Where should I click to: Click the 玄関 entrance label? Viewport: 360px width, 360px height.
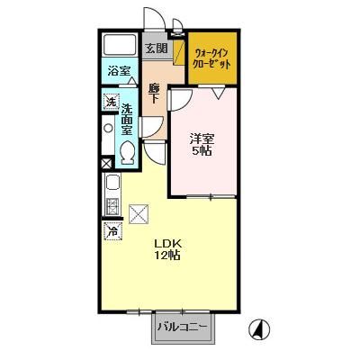[x=156, y=48]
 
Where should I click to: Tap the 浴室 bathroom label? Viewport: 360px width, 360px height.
[x=120, y=70]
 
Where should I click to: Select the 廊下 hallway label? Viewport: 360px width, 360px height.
[x=154, y=92]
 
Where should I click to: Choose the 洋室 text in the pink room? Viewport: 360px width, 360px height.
[x=201, y=139]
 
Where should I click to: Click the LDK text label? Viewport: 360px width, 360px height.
[x=166, y=243]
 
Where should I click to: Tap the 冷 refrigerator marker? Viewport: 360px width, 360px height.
[x=113, y=231]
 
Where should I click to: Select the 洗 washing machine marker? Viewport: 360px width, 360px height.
[x=112, y=102]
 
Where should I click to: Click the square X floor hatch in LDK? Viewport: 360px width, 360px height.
[x=139, y=214]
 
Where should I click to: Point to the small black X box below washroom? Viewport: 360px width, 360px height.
[x=108, y=164]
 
